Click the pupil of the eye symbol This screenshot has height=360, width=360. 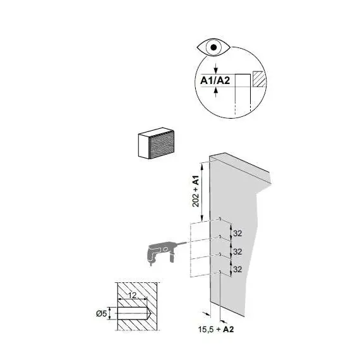tap(213, 47)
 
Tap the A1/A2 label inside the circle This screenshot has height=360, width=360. tap(215, 81)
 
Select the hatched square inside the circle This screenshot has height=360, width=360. tap(259, 79)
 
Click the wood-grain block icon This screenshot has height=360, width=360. tap(156, 143)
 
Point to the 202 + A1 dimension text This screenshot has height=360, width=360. tap(196, 191)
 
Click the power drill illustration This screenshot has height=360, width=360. tap(162, 252)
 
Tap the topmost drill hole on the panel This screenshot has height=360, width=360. tap(220, 219)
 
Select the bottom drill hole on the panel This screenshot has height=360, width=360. tap(220, 272)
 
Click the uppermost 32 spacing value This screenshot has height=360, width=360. tap(237, 233)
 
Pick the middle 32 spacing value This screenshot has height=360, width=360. tap(237, 251)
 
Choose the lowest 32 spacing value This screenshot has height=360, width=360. tap(237, 269)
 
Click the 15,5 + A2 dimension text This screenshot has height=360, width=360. tap(216, 330)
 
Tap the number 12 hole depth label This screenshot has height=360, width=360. tap(132, 295)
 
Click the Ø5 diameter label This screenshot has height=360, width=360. tap(102, 313)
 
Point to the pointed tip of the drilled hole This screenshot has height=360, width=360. tap(150, 313)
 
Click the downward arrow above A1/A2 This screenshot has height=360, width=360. tap(215, 68)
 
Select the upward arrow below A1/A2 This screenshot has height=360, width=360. tap(215, 92)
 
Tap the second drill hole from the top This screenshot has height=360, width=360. tap(220, 236)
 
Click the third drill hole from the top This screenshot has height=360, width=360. tap(220, 254)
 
